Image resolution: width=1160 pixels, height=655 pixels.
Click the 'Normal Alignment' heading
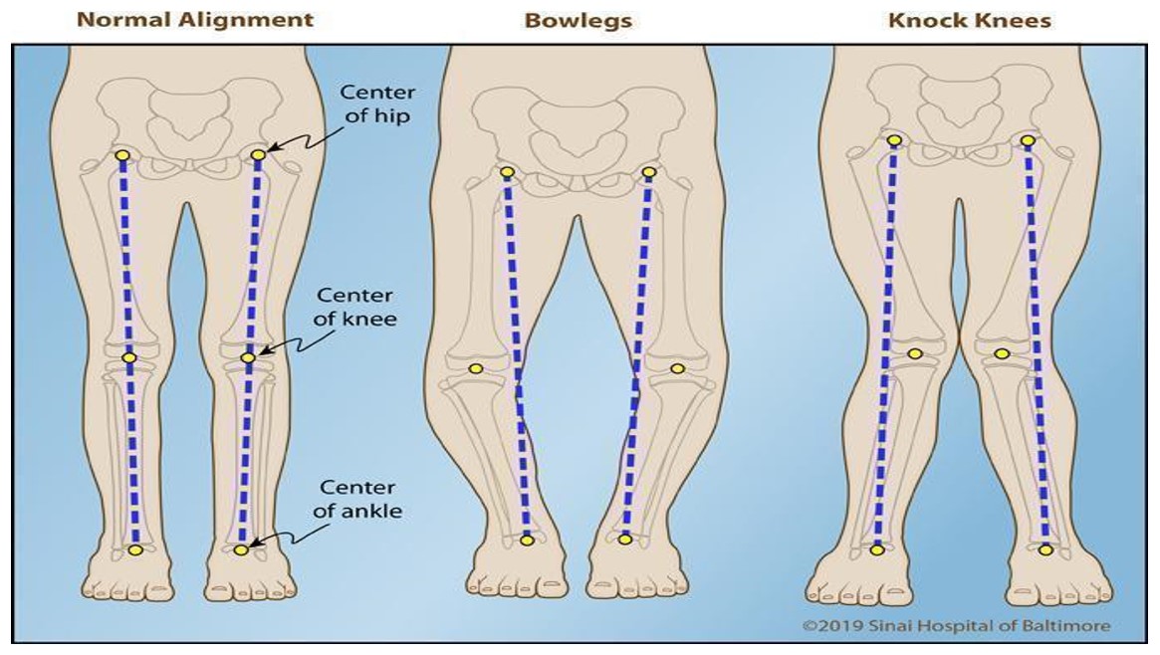[x=195, y=20]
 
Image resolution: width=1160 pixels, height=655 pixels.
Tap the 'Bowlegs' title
[x=579, y=20]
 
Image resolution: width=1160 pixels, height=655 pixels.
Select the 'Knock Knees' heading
[x=970, y=20]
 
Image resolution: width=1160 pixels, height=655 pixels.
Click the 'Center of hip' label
[x=377, y=103]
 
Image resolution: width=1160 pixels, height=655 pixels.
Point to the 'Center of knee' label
[x=355, y=308]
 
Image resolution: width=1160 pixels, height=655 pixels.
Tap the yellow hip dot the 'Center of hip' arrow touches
[x=258, y=155]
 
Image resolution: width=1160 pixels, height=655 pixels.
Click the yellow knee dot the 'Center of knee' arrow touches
[x=248, y=357]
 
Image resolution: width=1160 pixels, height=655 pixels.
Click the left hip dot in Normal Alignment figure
[x=122, y=155]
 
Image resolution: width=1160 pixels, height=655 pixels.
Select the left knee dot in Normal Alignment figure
[x=127, y=357]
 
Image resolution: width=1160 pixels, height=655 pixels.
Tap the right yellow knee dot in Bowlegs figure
[x=677, y=369]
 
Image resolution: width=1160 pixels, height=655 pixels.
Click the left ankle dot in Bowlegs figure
[x=528, y=540]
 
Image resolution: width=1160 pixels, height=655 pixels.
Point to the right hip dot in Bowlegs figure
[x=649, y=172]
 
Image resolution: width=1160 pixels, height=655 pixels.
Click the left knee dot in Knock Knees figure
[x=915, y=352]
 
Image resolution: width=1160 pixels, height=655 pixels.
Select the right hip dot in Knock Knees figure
[x=1028, y=140]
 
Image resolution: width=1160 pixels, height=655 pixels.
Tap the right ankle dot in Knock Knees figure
[x=1045, y=548]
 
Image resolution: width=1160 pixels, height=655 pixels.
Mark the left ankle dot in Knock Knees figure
[x=877, y=548]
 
